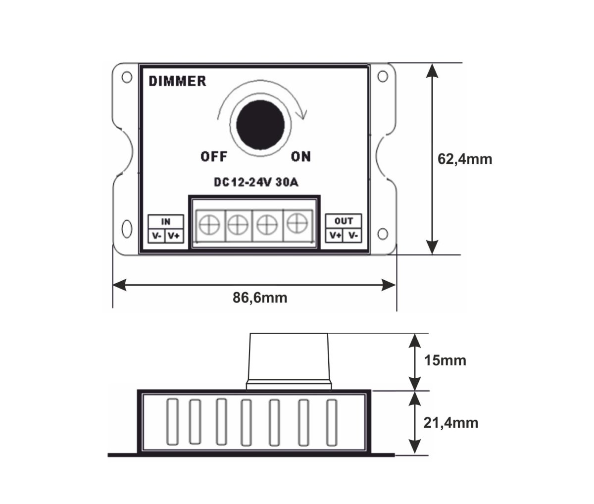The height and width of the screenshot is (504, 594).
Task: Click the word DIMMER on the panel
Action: point(178,81)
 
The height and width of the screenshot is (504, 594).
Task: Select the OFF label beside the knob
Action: point(214,157)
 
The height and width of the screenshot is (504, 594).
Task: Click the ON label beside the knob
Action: point(300,157)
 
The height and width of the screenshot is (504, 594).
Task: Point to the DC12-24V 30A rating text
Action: point(256,182)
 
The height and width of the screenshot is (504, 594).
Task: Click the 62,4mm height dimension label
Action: point(465,159)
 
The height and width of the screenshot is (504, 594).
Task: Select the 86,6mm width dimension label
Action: point(260,298)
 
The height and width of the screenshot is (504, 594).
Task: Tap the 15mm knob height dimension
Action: point(445,360)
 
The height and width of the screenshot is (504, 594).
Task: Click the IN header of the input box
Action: point(166,221)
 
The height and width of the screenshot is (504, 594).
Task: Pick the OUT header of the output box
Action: point(344,221)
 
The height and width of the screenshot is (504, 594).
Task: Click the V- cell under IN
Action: point(157,236)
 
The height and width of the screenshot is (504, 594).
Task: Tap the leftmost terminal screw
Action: point(210,225)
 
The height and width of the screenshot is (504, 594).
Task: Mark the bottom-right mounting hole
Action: point(382,233)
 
